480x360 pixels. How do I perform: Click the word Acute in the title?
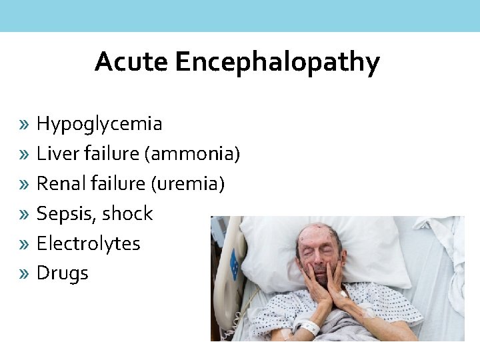click(x=132, y=62)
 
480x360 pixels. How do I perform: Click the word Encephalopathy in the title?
click(x=277, y=63)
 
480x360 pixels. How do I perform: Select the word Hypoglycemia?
click(x=99, y=123)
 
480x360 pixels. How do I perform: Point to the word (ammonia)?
click(x=191, y=154)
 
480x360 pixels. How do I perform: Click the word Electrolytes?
click(x=88, y=243)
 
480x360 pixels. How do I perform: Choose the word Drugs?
click(x=62, y=273)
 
